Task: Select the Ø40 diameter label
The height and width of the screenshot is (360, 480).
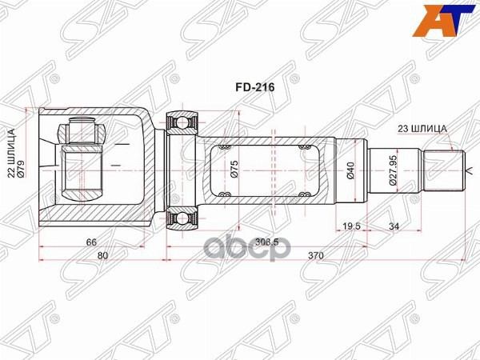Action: pyautogui.click(x=350, y=170)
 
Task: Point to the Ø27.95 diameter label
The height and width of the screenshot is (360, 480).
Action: pyautogui.click(x=394, y=170)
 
